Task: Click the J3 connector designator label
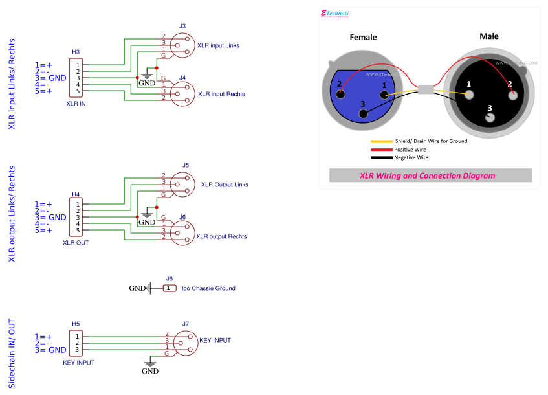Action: tap(182, 26)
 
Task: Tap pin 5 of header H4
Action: tap(78, 231)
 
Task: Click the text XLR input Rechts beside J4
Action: tap(221, 95)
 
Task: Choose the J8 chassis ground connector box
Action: tap(169, 288)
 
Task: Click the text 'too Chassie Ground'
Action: tap(208, 288)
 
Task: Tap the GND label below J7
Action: tap(150, 372)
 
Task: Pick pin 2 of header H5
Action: tap(78, 343)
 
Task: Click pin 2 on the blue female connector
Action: tap(338, 84)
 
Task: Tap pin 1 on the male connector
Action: tap(468, 93)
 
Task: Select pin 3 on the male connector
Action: tap(490, 118)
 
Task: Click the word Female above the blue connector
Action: tap(363, 37)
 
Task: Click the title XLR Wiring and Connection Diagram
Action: tap(427, 175)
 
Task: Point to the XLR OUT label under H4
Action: tap(76, 243)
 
